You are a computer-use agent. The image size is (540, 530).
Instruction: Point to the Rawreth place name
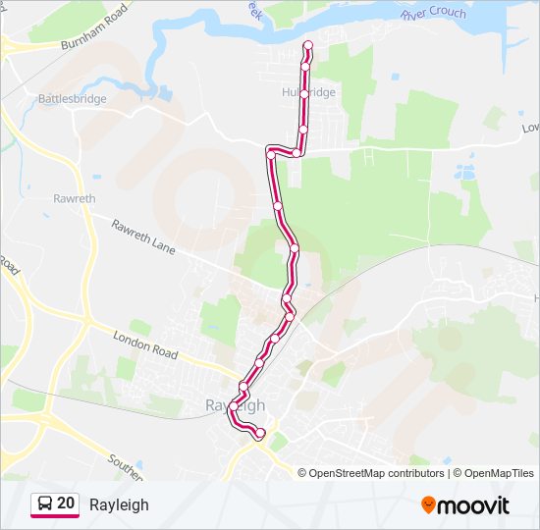[x=74, y=198]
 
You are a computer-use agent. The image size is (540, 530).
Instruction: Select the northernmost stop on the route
[x=308, y=45]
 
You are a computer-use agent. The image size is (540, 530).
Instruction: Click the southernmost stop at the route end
[x=260, y=434]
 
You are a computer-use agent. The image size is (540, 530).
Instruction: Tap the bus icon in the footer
[x=44, y=504]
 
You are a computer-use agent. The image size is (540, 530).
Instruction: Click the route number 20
[x=66, y=503]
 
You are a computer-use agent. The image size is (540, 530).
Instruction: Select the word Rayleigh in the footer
[x=119, y=504]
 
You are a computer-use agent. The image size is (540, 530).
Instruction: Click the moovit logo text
[x=474, y=505]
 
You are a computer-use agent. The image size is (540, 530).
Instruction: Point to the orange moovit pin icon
[x=428, y=505]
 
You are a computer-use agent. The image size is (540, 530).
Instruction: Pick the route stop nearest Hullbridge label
[x=304, y=94]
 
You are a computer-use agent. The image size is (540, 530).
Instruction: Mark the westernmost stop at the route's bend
[x=271, y=153]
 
